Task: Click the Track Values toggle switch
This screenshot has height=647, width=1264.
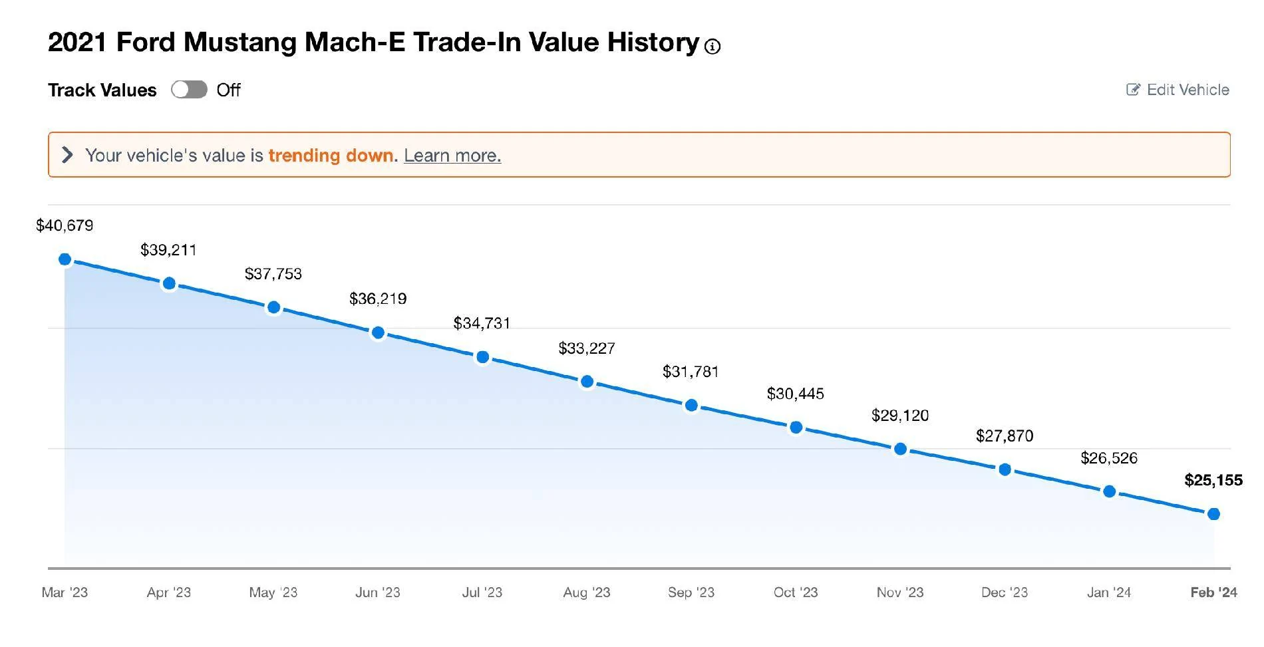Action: pyautogui.click(x=189, y=90)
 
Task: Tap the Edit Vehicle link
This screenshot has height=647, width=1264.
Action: pyautogui.click(x=1178, y=90)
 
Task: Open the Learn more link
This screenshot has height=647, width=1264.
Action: pyautogui.click(x=452, y=156)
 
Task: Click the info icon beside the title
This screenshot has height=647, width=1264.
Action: pyautogui.click(x=712, y=47)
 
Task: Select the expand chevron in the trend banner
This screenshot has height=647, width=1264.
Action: pyautogui.click(x=67, y=155)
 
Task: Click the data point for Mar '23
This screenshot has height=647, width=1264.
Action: pyautogui.click(x=65, y=259)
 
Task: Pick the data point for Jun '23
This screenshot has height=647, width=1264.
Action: pyautogui.click(x=378, y=332)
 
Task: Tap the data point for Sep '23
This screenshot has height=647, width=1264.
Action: pyautogui.click(x=691, y=405)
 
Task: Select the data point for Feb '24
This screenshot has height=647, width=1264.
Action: pyautogui.click(x=1213, y=514)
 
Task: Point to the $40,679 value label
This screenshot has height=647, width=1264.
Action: pyautogui.click(x=65, y=225)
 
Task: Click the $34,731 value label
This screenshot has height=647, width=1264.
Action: pyautogui.click(x=482, y=323)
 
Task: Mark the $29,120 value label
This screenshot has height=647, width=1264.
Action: pyautogui.click(x=900, y=416)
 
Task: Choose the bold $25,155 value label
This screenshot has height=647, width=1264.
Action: pyautogui.click(x=1213, y=480)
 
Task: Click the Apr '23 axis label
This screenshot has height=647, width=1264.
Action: pyautogui.click(x=169, y=592)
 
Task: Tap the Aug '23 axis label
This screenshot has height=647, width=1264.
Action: pyautogui.click(x=587, y=592)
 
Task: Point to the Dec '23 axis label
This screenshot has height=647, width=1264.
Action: pyautogui.click(x=1005, y=592)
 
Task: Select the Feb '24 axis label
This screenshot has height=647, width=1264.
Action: pyautogui.click(x=1214, y=592)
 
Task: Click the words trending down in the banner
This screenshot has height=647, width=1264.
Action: pyautogui.click(x=331, y=156)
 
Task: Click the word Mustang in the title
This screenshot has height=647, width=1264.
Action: pyautogui.click(x=240, y=43)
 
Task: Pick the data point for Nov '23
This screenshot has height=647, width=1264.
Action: pyautogui.click(x=900, y=450)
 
